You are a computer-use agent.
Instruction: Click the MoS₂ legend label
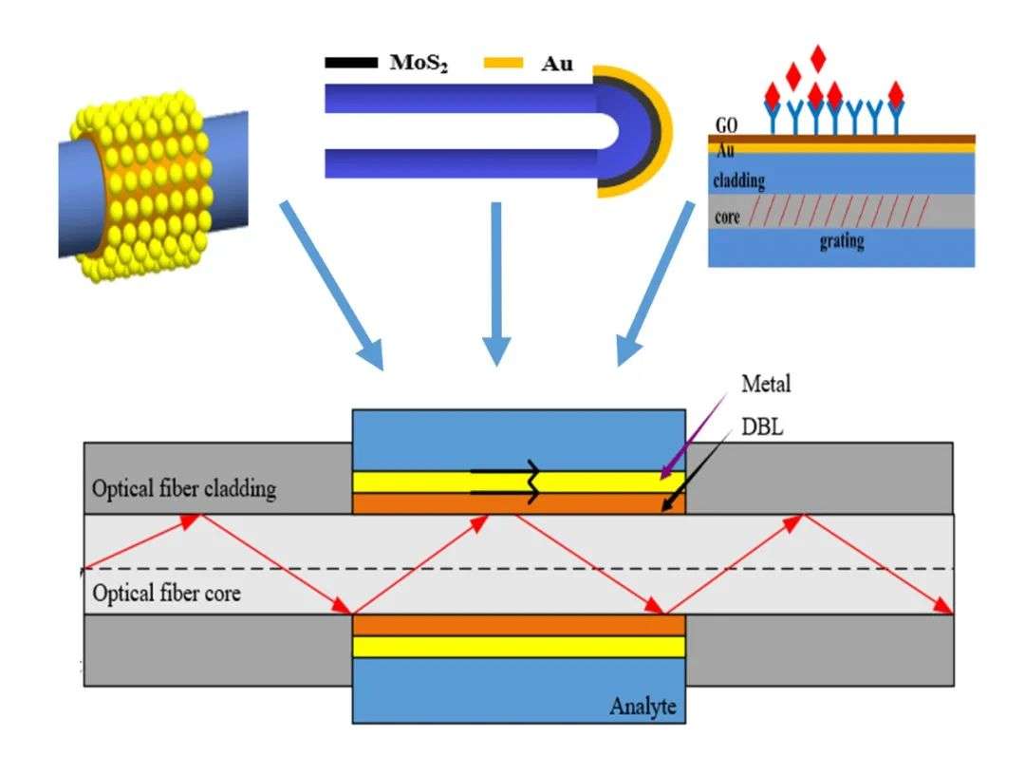click(x=419, y=63)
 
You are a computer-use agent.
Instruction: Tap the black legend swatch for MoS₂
click(x=351, y=63)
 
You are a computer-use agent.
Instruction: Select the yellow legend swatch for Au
click(x=503, y=63)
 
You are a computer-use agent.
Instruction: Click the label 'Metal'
click(x=766, y=384)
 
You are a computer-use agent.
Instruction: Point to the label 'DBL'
click(x=762, y=427)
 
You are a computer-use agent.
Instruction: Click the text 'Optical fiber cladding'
click(x=184, y=489)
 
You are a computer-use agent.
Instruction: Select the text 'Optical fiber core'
click(x=166, y=594)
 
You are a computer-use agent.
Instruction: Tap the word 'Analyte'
click(x=643, y=707)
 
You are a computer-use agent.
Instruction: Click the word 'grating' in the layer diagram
click(x=842, y=241)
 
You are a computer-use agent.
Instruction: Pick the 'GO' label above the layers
click(x=726, y=125)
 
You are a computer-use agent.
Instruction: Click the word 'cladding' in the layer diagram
click(x=738, y=180)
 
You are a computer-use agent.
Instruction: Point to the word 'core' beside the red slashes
click(x=727, y=217)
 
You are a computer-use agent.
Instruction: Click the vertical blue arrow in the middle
click(x=496, y=283)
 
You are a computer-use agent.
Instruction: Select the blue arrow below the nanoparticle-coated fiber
click(x=331, y=286)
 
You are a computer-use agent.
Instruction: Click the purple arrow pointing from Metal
click(x=693, y=437)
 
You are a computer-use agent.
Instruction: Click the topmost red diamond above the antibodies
click(x=818, y=57)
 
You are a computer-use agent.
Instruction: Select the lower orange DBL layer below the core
click(x=518, y=625)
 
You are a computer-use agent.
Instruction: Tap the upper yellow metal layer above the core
click(x=518, y=483)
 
